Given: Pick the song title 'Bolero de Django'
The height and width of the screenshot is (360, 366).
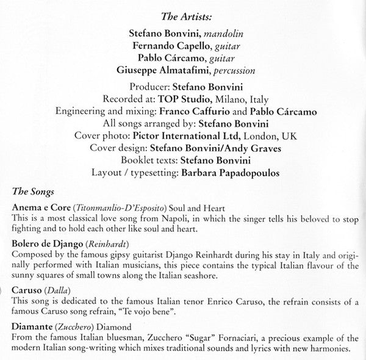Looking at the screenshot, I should pos(48,244).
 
